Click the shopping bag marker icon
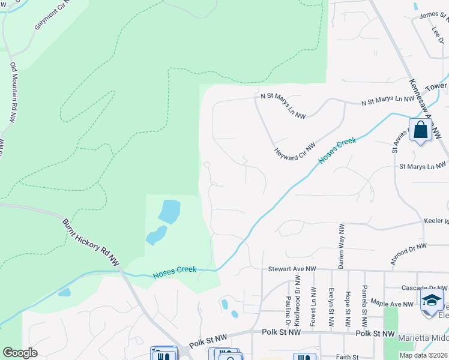point(420,130)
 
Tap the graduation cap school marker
point(432,300)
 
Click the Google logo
point(20,353)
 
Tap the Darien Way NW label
point(342,246)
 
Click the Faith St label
point(346,357)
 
